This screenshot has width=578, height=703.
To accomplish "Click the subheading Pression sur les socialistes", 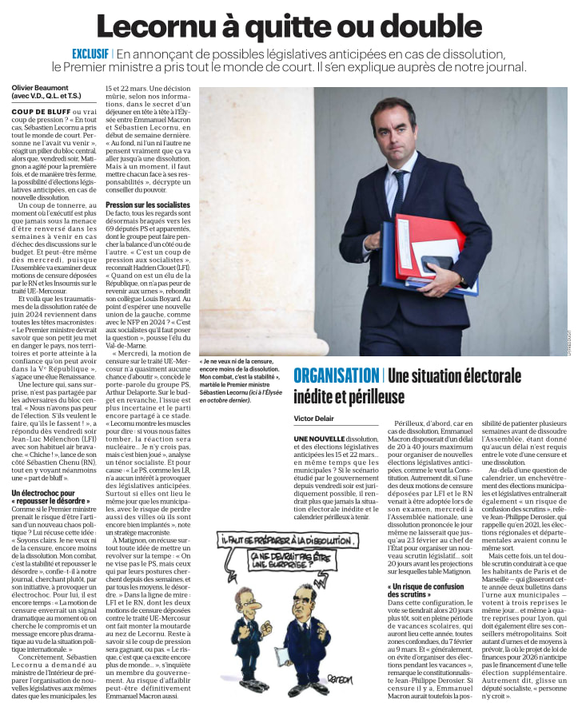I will point(148,205).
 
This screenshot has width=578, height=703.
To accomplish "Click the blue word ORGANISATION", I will point(336,375).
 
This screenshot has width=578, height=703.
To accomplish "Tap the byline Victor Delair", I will point(315,417).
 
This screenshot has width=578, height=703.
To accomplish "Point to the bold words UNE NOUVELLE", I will point(319,439).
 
